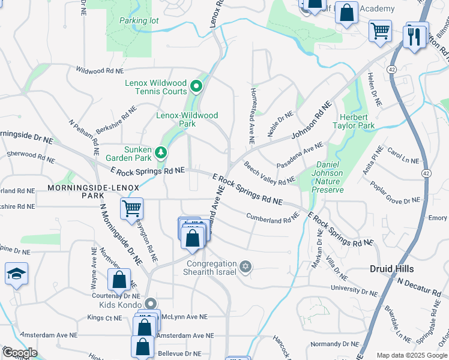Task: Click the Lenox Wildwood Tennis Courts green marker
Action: (196, 87)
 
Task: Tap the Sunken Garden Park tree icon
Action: (160, 152)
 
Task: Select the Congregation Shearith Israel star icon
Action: (245, 266)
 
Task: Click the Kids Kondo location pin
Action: (151, 304)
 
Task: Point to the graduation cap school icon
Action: (16, 274)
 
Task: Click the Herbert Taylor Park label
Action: (354, 121)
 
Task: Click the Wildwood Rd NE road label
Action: (99, 71)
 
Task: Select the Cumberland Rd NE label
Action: (273, 218)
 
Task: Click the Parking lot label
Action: (139, 20)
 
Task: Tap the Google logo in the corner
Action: (19, 353)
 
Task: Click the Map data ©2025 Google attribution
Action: (412, 355)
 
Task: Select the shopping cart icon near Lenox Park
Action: (131, 209)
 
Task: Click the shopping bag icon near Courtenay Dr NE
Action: (119, 280)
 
